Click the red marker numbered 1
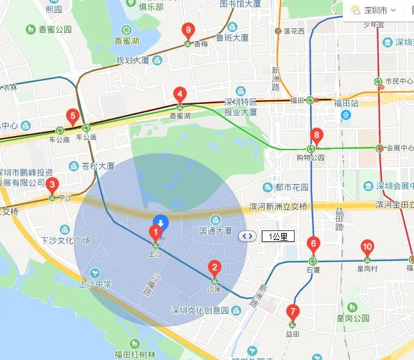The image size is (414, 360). (x=155, y=232)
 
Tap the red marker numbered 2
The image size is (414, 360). (x=215, y=268)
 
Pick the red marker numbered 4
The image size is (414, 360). (x=180, y=94)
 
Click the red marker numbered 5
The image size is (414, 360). (x=73, y=117)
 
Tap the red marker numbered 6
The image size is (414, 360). (x=313, y=244)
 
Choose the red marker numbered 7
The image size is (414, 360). (x=293, y=313)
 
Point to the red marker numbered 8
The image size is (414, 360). (x=316, y=135)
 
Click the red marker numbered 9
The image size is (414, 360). (x=188, y=30)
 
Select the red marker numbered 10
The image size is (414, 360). (x=367, y=247)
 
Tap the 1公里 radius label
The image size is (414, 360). (x=279, y=236)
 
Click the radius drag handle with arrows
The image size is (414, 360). (x=247, y=236)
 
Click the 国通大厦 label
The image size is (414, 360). (x=215, y=230)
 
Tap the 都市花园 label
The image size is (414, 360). (x=291, y=187)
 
